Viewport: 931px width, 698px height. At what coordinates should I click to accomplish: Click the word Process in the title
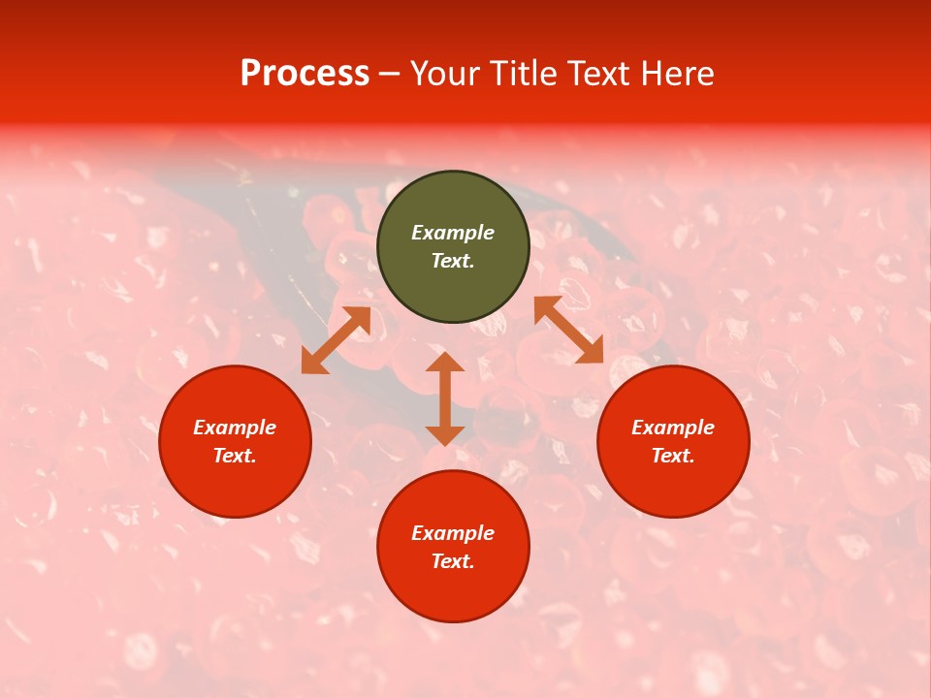(x=305, y=74)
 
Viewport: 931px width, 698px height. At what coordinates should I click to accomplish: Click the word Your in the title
(x=446, y=74)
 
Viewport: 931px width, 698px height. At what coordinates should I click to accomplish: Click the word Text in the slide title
(x=595, y=74)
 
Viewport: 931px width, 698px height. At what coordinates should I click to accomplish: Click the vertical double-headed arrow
(x=445, y=398)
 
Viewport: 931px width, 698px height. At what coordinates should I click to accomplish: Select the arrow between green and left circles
(x=336, y=340)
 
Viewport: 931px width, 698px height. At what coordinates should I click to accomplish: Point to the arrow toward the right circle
(x=568, y=330)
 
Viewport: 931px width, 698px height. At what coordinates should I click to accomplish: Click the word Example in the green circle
(x=453, y=233)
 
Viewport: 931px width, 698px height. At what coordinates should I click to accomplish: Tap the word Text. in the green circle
(x=453, y=261)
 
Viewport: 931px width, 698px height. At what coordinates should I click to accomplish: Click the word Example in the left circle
(x=235, y=428)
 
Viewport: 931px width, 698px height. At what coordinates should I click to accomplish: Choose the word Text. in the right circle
(x=673, y=456)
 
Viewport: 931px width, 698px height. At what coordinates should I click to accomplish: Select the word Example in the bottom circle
(x=453, y=533)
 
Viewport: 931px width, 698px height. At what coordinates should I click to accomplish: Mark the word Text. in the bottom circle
(x=453, y=561)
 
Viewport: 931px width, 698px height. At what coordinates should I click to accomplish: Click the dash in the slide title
(x=389, y=74)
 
